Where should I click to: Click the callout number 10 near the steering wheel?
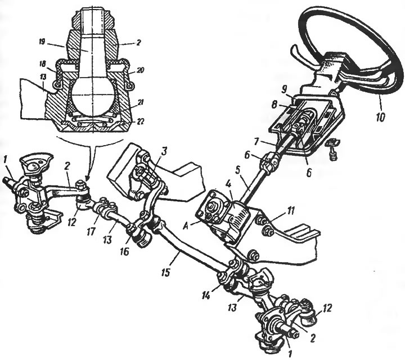click(380, 117)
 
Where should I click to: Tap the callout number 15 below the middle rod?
click(165, 272)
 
